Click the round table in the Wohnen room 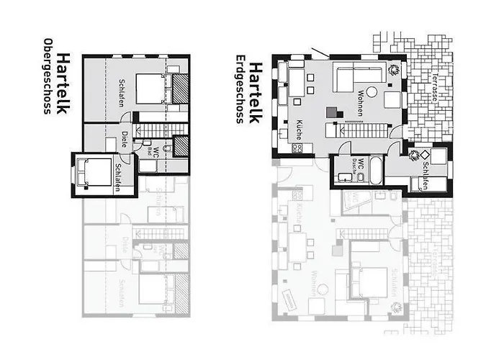pyautogui.click(x=372, y=91)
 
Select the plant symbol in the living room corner pyautogui.click(x=394, y=70)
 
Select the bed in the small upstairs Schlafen pyautogui.click(x=91, y=173)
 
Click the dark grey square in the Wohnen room pyautogui.click(x=331, y=112)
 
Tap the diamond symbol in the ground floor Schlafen pyautogui.click(x=425, y=154)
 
